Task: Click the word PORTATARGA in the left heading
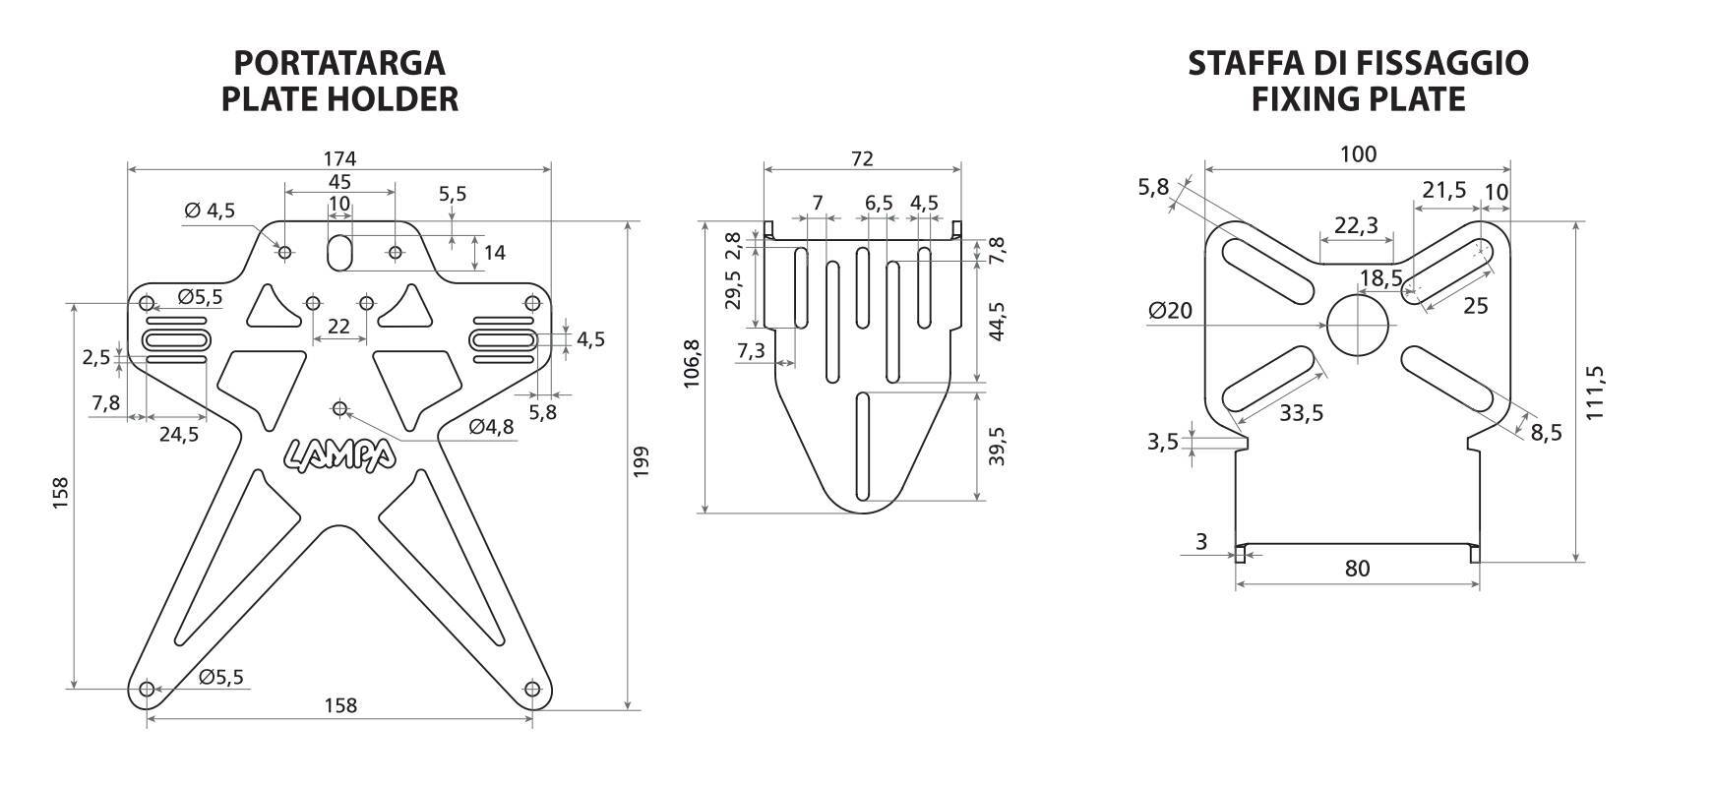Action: [x=339, y=63]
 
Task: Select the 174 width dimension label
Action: [x=339, y=157]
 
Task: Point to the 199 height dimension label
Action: [x=642, y=462]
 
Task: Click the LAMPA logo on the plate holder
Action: [x=340, y=453]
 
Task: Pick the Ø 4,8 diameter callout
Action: [x=491, y=427]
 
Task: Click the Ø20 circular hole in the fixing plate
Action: [x=1358, y=326]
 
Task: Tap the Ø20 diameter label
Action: [x=1170, y=311]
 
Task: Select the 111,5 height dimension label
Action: [x=1595, y=392]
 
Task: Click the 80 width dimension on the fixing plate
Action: [x=1357, y=569]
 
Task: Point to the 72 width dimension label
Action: [x=862, y=158]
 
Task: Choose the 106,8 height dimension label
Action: [x=692, y=364]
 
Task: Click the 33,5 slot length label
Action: [x=1301, y=413]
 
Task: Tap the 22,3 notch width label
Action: [x=1356, y=225]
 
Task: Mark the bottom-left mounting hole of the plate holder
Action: [x=147, y=690]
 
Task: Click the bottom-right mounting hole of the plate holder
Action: [x=533, y=690]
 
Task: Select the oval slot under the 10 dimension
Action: [x=339, y=251]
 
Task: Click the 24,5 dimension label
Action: [x=179, y=434]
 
